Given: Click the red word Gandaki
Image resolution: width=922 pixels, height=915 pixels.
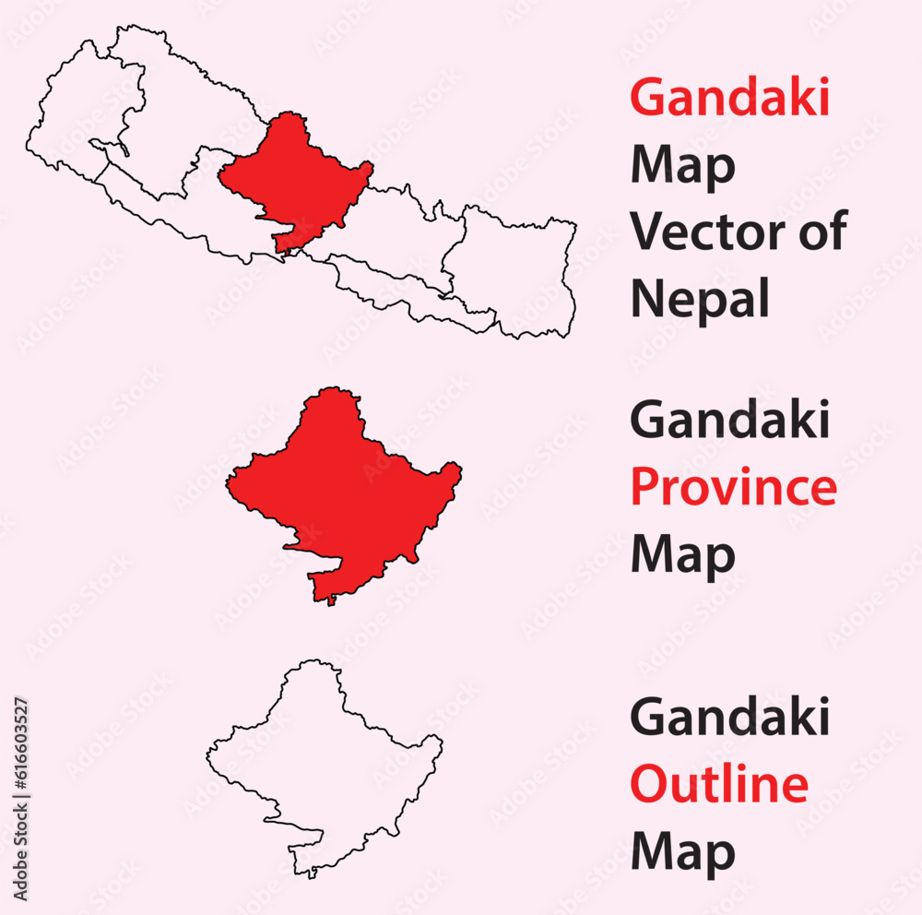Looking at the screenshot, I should point(729,98).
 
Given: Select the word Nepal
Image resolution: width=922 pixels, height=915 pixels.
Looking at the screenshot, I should point(700,298).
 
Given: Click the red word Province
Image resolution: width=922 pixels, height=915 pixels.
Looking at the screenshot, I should point(733,488).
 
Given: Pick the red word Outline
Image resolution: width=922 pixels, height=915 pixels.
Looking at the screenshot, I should point(719,785).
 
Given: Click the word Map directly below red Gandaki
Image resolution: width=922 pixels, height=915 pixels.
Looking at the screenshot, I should point(682,166).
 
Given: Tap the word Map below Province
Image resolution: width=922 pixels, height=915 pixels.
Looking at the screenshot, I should point(682,555).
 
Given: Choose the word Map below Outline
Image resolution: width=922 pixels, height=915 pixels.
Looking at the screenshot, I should point(682,851).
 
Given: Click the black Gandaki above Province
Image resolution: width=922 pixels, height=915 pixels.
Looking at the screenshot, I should point(729,420).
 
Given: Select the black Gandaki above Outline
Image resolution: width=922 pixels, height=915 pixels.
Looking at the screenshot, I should point(729,717).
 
